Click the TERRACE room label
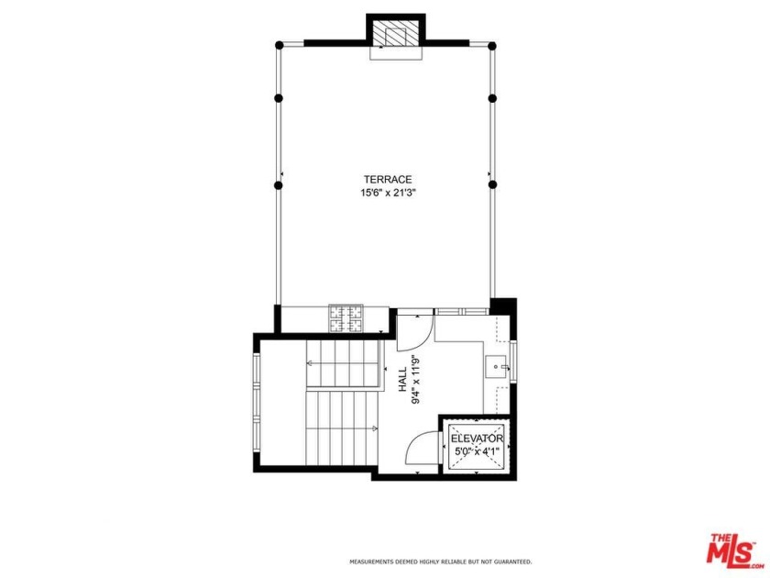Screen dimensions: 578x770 click(388, 179)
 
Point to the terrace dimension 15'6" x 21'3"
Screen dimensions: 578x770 click(388, 193)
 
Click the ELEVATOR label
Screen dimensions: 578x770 click(478, 439)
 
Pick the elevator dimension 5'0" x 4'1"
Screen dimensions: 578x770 click(478, 451)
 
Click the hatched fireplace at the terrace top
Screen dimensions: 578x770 click(396, 34)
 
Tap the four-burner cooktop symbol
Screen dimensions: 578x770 click(346, 318)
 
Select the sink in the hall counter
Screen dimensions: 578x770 click(496, 367)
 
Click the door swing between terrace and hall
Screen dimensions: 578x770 click(414, 327)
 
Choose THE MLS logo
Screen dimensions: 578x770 click(731, 548)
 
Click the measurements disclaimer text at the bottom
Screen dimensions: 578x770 click(440, 561)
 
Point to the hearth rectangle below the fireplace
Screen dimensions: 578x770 click(396, 53)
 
